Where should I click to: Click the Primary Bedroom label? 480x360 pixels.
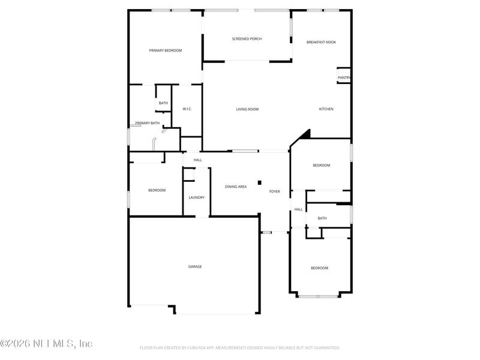(x=166, y=50)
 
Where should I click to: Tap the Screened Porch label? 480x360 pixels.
(x=247, y=39)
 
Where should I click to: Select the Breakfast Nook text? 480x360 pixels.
(x=321, y=42)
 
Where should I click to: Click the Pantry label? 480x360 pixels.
(x=344, y=77)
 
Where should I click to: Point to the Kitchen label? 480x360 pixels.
(x=326, y=109)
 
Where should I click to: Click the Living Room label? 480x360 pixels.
(x=247, y=109)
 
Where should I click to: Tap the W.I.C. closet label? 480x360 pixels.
(x=187, y=109)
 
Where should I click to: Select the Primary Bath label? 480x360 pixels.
(x=148, y=123)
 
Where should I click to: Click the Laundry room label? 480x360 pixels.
(x=196, y=197)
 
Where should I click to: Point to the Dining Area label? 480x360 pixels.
(x=236, y=187)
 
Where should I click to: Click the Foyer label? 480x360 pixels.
(x=274, y=191)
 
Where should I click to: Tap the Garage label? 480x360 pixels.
(x=195, y=266)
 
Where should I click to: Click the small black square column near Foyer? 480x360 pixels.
(x=259, y=182)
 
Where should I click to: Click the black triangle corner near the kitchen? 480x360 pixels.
(x=305, y=134)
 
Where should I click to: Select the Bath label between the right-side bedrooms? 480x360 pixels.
(x=322, y=218)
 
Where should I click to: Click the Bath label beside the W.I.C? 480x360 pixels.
(x=163, y=103)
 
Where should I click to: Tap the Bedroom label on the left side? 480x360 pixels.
(x=157, y=190)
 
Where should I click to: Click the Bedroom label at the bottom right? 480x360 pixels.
(x=319, y=268)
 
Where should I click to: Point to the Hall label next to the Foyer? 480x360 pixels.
(x=298, y=209)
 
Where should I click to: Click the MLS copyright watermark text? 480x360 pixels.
(x=46, y=344)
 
